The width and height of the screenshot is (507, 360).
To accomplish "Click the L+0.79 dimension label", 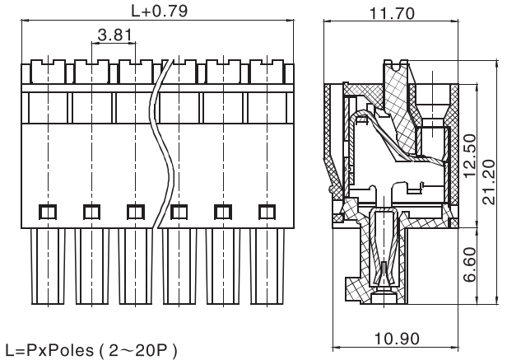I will (159, 12).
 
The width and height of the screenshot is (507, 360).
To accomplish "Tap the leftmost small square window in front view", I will (46, 212).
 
